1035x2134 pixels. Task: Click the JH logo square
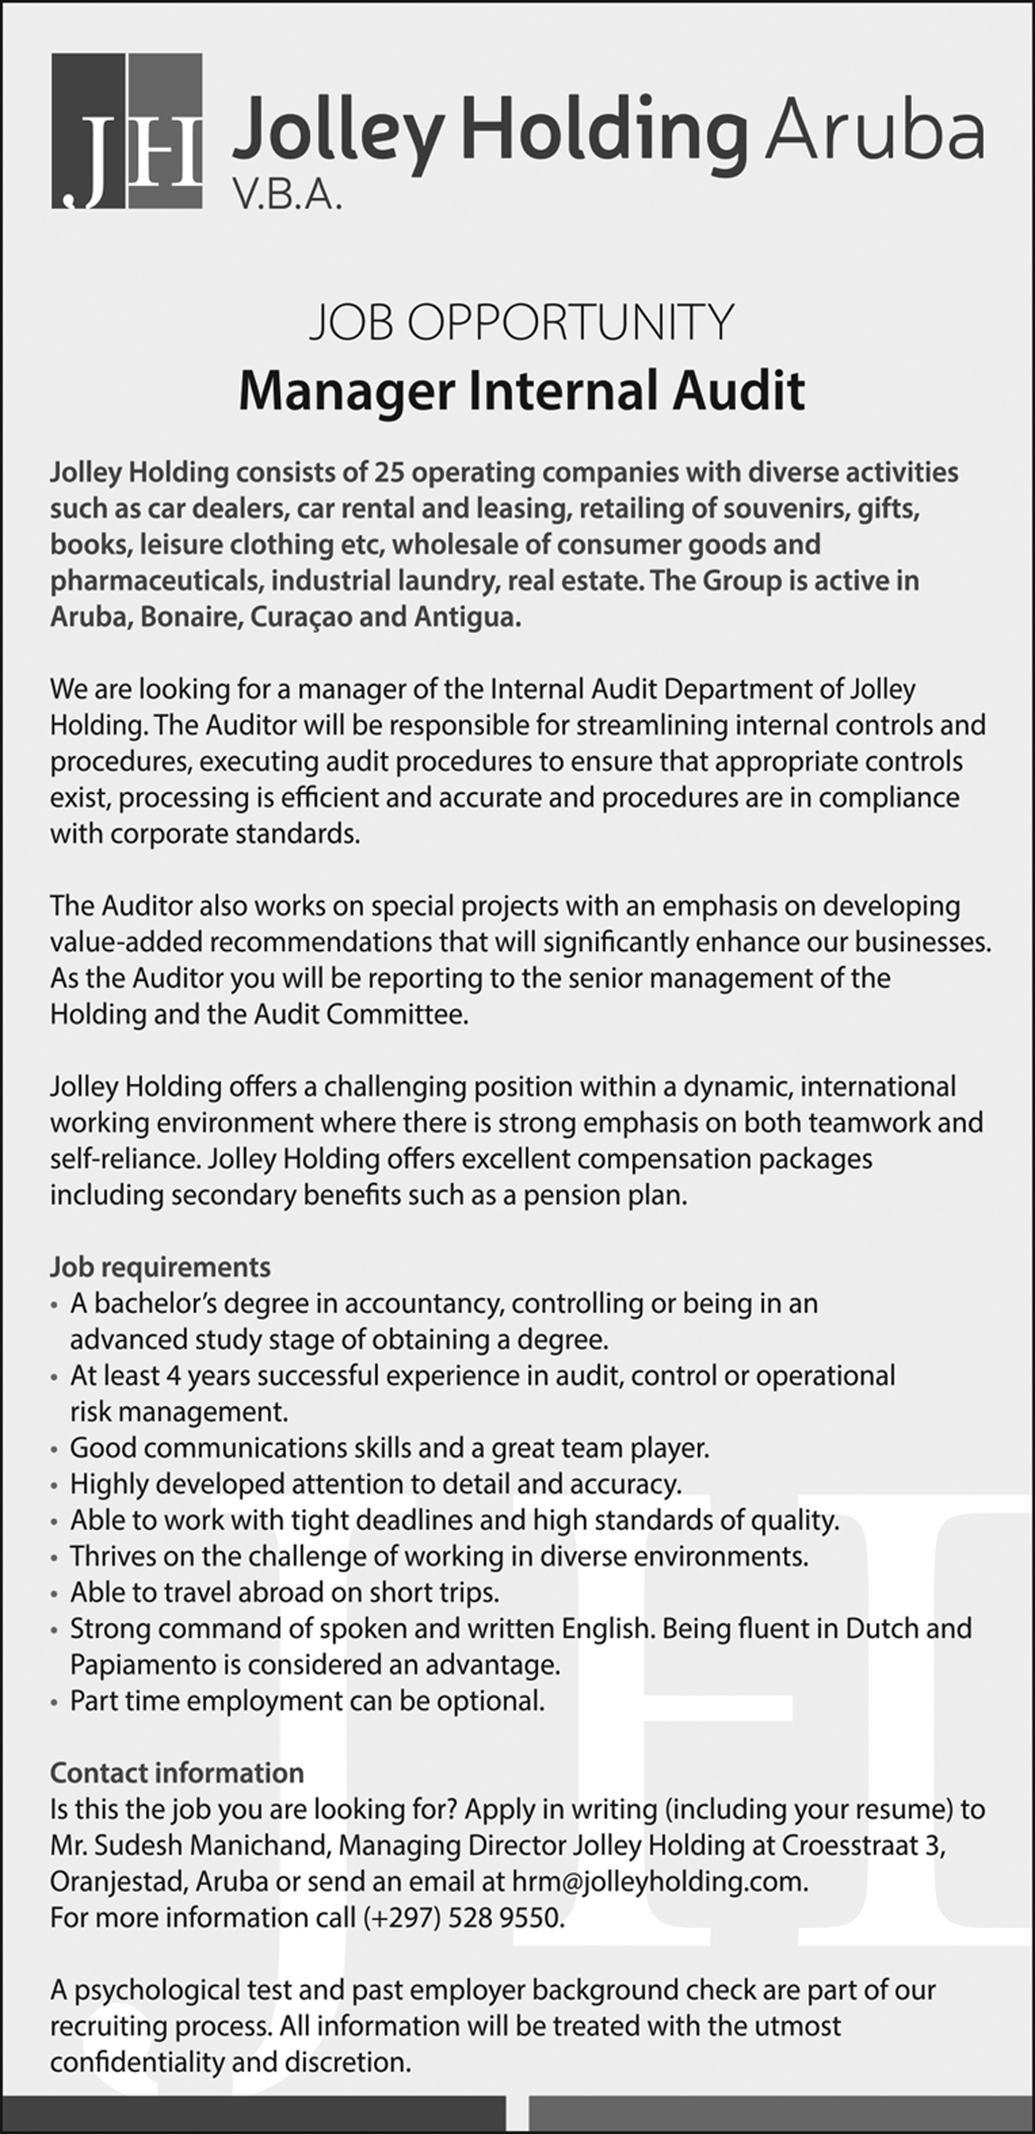point(126,132)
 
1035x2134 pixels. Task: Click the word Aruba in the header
point(874,132)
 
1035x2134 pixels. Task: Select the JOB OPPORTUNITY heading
point(522,323)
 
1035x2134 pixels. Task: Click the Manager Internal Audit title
point(521,391)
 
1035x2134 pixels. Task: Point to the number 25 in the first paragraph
point(391,472)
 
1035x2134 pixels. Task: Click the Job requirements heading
point(160,1267)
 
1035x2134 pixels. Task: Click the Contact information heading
point(177,1773)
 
